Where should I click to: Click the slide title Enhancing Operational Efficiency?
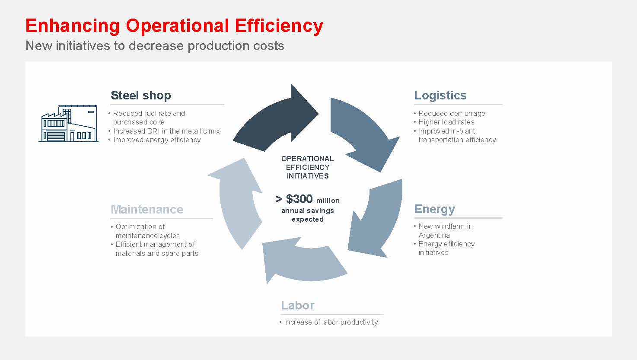[174, 25]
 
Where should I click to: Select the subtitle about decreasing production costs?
[155, 46]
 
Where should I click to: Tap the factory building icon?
[69, 124]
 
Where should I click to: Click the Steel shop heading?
[141, 95]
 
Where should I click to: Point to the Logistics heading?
[440, 95]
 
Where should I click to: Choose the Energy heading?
[434, 209]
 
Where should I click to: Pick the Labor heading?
[297, 305]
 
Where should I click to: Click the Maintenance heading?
[147, 209]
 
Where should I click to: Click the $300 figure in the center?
[299, 199]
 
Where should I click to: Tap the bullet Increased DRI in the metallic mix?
[166, 131]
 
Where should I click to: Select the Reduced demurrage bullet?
[452, 114]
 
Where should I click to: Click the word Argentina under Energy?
[434, 235]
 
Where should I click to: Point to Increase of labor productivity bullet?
[331, 322]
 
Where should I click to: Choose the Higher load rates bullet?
[446, 122]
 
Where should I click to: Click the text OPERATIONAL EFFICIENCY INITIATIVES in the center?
[307, 167]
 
